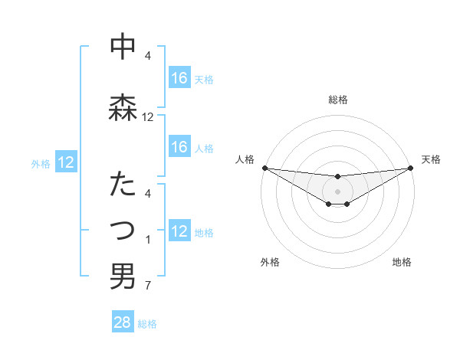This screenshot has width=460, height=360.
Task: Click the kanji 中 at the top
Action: [x=123, y=48]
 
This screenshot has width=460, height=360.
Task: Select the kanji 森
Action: [x=123, y=106]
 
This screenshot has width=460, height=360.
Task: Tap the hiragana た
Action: [x=123, y=185]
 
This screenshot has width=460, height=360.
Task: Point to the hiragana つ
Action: [x=123, y=230]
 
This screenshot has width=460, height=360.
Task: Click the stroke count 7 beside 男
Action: [x=147, y=286]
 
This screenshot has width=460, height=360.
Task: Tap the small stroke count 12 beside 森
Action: [x=148, y=117]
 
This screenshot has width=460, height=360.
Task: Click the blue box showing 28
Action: [x=123, y=322]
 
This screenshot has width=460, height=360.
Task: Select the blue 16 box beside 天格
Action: [x=179, y=77]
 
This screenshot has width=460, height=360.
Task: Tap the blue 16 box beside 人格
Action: [x=179, y=147]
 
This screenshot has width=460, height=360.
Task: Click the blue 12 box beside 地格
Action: [x=179, y=231]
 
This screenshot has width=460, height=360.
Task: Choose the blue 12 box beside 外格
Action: [x=66, y=162]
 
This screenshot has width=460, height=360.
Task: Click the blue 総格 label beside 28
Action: [x=147, y=324]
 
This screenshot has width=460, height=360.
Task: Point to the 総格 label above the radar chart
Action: [x=337, y=100]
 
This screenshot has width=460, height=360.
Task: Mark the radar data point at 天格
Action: [x=410, y=168]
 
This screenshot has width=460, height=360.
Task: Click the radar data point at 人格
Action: [x=264, y=168]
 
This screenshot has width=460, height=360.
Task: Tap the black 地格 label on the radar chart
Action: [x=402, y=263]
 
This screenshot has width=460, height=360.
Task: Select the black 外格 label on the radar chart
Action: [x=270, y=263]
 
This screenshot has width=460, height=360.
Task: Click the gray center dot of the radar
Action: [x=337, y=191]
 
